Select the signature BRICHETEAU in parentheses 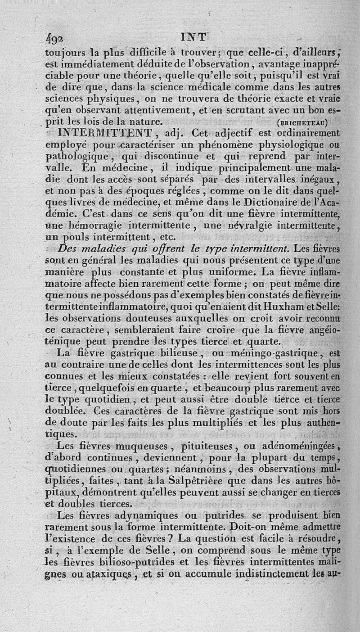(x=302, y=122)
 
